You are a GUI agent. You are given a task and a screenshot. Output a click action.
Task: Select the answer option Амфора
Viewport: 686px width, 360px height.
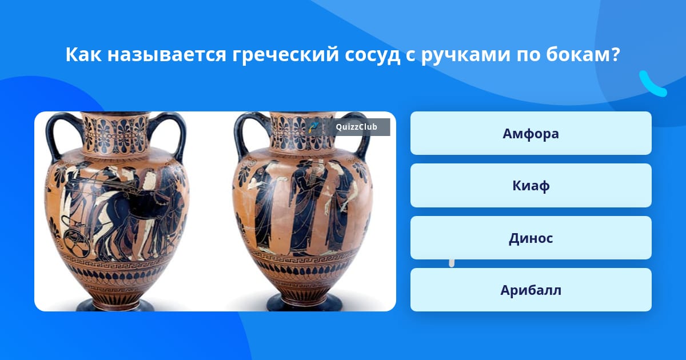(x=531, y=133)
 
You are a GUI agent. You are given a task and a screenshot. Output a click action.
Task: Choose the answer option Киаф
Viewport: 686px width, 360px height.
(x=531, y=186)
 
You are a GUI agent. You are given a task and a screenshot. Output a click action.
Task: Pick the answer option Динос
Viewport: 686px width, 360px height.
(x=531, y=238)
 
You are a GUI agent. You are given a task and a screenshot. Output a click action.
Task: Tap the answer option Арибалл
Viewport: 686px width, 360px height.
(x=531, y=290)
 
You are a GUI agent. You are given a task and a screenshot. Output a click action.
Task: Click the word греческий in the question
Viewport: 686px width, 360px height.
(x=285, y=55)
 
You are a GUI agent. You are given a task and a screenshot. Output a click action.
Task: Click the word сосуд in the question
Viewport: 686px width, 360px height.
(x=372, y=55)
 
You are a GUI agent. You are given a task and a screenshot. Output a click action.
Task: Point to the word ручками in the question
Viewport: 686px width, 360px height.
(x=465, y=55)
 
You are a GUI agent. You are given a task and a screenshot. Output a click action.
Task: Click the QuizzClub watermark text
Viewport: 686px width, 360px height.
(x=356, y=127)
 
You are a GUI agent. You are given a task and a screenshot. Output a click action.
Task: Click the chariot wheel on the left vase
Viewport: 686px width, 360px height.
(x=77, y=245)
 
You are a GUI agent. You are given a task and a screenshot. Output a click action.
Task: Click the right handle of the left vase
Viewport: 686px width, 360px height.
(x=171, y=135)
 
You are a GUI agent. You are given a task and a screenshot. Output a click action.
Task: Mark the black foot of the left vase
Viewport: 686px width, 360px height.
(x=115, y=305)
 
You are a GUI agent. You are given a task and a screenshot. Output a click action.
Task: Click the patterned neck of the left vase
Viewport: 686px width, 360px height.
(x=115, y=133)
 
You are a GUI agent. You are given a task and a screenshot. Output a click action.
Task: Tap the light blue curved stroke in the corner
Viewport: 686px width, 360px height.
(x=652, y=84)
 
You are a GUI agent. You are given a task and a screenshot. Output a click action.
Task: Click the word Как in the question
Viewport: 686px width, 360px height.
(x=83, y=54)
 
